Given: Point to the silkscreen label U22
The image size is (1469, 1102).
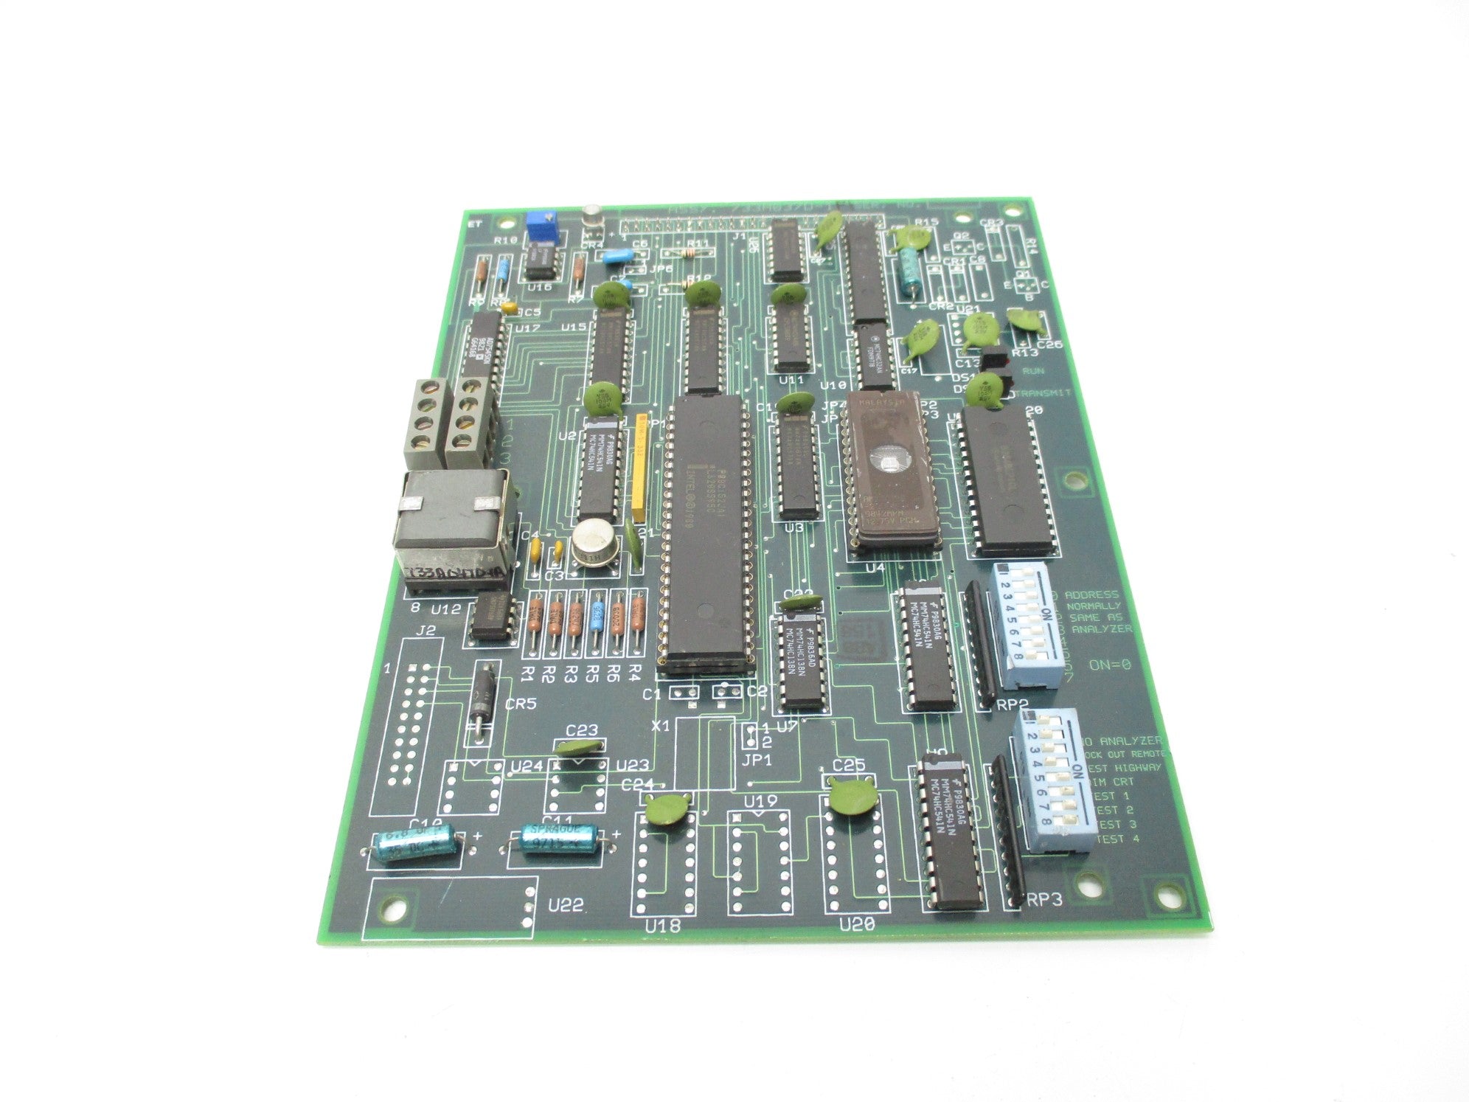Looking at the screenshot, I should point(566,905).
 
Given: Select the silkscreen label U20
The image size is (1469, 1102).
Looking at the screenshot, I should point(857,923).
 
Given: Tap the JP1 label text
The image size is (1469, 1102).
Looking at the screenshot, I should point(757,759).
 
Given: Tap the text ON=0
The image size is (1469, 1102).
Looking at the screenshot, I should point(1110,665).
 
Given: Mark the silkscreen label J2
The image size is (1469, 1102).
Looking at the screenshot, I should point(425,631).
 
